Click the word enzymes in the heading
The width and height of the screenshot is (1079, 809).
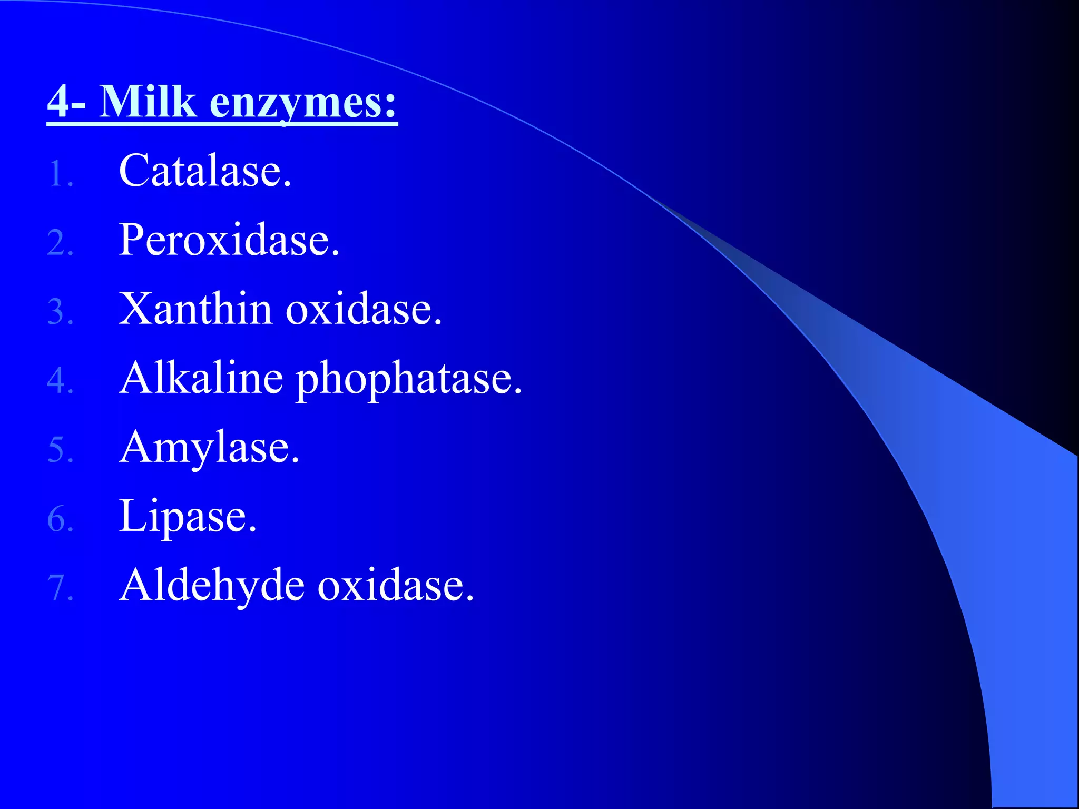pyautogui.click(x=302, y=103)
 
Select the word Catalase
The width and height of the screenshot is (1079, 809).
pyautogui.click(x=204, y=171)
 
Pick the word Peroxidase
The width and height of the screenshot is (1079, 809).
pyautogui.click(x=229, y=240)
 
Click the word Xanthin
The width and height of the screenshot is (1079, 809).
pyautogui.click(x=195, y=309)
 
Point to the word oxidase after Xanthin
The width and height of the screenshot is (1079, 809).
pyautogui.click(x=363, y=309)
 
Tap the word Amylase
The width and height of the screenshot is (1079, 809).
pyautogui.click(x=209, y=448)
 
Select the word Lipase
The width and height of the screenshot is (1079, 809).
pyautogui.click(x=188, y=517)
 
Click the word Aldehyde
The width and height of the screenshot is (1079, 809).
pyautogui.click(x=212, y=586)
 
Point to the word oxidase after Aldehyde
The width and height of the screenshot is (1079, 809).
pyautogui.click(x=396, y=586)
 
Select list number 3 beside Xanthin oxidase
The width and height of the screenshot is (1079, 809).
pyautogui.click(x=60, y=312)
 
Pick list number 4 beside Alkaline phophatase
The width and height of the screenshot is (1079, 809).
pyautogui.click(x=60, y=381)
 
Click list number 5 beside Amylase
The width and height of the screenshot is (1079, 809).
pyautogui.click(x=60, y=450)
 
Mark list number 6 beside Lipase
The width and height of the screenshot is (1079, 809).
pyautogui.click(x=60, y=519)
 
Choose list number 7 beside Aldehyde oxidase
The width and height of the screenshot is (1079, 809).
pyautogui.click(x=60, y=588)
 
